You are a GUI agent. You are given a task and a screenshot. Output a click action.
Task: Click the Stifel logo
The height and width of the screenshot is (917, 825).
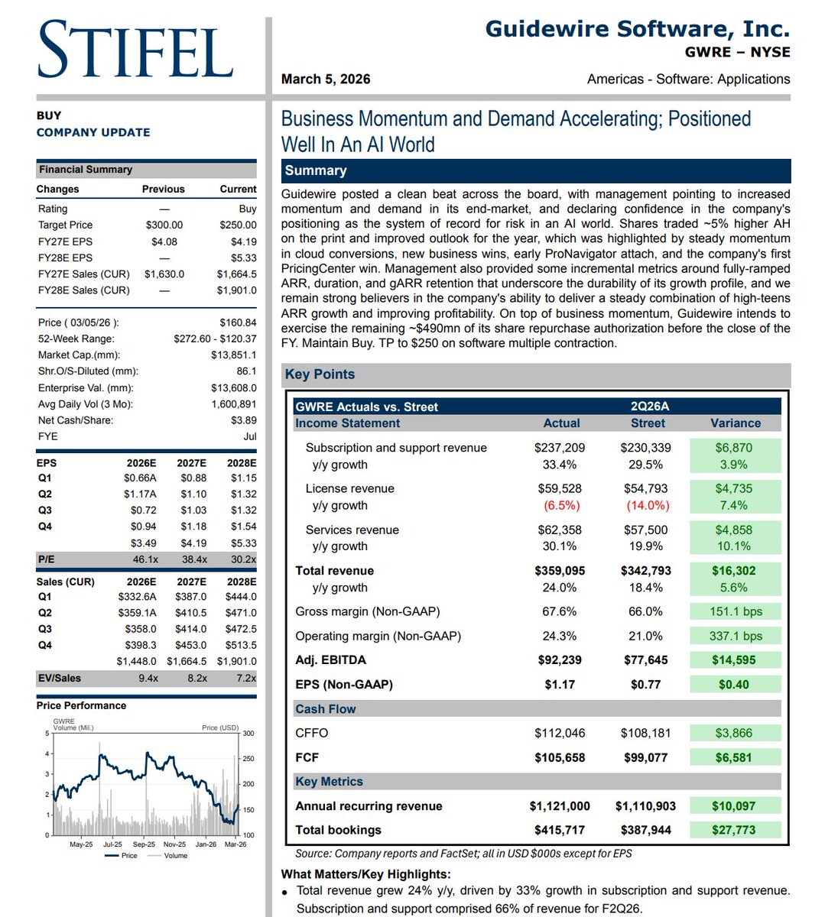(135, 50)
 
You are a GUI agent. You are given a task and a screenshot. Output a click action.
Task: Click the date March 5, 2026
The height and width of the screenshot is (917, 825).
(326, 79)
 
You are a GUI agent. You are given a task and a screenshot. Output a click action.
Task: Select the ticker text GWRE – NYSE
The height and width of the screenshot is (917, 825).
(737, 53)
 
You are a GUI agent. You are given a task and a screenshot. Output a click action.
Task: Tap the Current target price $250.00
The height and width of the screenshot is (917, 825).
(238, 225)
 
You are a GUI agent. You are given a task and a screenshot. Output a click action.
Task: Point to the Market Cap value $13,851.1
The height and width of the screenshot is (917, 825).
(233, 355)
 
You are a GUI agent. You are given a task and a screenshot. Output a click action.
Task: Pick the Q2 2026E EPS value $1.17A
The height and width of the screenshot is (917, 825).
(140, 494)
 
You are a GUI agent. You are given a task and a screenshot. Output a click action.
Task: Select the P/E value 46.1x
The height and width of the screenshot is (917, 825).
(145, 559)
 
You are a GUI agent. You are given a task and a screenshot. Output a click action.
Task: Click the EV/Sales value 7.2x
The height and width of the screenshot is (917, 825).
(245, 678)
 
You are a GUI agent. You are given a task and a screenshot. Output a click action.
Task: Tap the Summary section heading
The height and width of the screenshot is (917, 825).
(316, 170)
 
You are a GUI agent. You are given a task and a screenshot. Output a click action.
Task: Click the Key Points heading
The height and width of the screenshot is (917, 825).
(320, 374)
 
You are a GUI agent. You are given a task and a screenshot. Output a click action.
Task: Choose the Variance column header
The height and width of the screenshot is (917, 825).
(735, 423)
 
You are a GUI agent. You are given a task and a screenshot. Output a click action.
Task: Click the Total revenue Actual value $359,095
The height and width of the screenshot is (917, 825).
(560, 571)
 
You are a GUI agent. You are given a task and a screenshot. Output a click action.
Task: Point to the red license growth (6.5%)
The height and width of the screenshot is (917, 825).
(561, 506)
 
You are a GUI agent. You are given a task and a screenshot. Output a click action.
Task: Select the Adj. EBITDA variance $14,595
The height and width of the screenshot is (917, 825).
(734, 660)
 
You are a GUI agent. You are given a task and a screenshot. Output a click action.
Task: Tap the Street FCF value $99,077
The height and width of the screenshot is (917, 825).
(645, 758)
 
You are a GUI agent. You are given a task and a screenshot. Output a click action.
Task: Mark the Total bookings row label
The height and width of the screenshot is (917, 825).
(338, 830)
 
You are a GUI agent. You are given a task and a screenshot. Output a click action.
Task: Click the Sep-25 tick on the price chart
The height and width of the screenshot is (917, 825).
(144, 844)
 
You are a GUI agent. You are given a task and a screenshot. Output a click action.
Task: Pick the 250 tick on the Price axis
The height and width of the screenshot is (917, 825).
(248, 759)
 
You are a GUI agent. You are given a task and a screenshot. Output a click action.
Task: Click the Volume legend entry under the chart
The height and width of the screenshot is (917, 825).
(175, 856)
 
